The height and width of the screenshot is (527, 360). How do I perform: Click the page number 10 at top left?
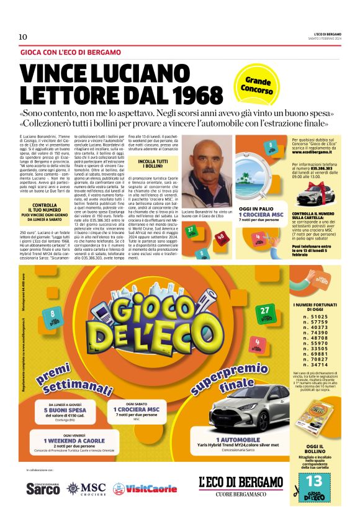[23, 37]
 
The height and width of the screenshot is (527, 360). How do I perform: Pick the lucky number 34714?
[315, 364]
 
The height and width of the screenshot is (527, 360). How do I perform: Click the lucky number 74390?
[315, 332]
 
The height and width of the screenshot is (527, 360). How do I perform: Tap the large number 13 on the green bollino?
[314, 481]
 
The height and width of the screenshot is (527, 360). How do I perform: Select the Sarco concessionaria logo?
[43, 489]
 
